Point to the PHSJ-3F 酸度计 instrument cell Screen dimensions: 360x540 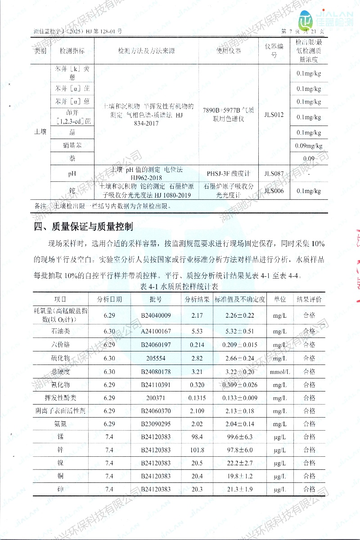(x=228, y=173)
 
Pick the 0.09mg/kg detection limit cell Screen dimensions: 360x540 (x=309, y=145)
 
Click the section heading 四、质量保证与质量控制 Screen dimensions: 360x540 (x=84, y=225)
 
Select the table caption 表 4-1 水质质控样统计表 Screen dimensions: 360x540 (x=180, y=286)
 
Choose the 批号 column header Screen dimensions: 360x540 (x=156, y=299)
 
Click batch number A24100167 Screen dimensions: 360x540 (x=156, y=332)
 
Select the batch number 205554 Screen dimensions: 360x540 (x=156, y=358)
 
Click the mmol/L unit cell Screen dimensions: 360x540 (x=280, y=372)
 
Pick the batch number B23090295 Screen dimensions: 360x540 (x=156, y=424)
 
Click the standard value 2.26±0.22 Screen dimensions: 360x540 (x=239, y=315)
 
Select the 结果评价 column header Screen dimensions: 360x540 (x=309, y=299)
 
